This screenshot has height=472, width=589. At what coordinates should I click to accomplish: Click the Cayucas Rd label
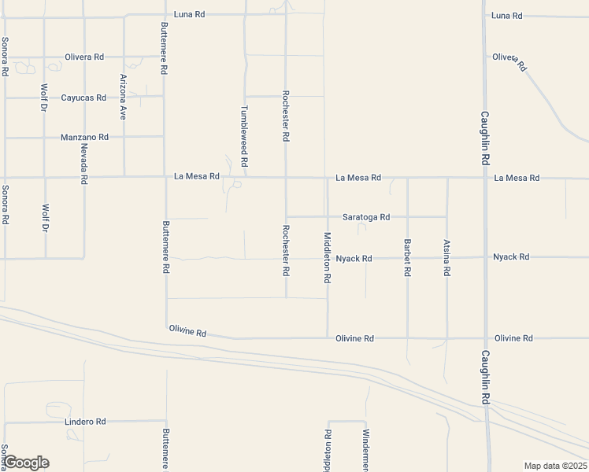[83, 98]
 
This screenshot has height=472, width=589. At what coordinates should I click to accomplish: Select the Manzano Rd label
[84, 137]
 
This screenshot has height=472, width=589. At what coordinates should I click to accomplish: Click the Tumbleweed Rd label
[244, 135]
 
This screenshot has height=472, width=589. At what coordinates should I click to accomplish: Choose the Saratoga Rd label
[366, 216]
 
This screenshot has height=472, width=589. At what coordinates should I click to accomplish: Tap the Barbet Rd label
[407, 256]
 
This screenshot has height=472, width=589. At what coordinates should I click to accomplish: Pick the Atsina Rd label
[446, 257]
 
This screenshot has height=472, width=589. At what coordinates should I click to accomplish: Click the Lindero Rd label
[83, 422]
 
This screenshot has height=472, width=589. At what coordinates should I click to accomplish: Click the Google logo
[26, 463]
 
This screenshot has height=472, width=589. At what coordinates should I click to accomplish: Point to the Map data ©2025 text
[555, 466]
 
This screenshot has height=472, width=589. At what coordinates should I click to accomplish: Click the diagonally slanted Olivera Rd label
[509, 61]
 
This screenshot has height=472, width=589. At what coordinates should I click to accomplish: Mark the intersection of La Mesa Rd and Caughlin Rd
[486, 178]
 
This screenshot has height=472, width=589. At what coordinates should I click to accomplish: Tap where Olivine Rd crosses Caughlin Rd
[486, 338]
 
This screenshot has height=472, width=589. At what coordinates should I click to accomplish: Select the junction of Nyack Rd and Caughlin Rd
[486, 257]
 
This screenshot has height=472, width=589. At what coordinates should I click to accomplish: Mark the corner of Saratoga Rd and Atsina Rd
[446, 216]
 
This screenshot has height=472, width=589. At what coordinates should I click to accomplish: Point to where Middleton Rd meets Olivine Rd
[328, 338]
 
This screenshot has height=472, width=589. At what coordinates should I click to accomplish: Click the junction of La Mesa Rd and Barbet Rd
[407, 178]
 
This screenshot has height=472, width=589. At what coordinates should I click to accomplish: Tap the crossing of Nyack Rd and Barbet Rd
[407, 257]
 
